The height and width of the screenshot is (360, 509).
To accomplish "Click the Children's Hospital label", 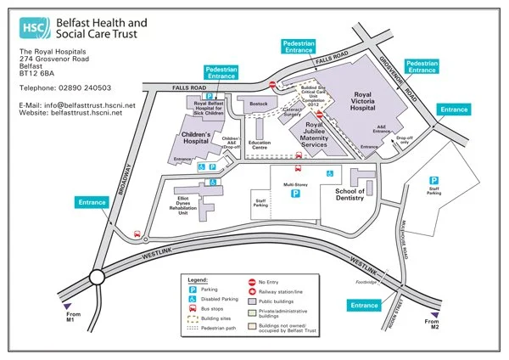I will [x=196, y=138].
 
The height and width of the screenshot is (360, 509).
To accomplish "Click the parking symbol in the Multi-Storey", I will [x=295, y=194].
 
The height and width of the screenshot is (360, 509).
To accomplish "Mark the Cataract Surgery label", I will [x=293, y=113].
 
